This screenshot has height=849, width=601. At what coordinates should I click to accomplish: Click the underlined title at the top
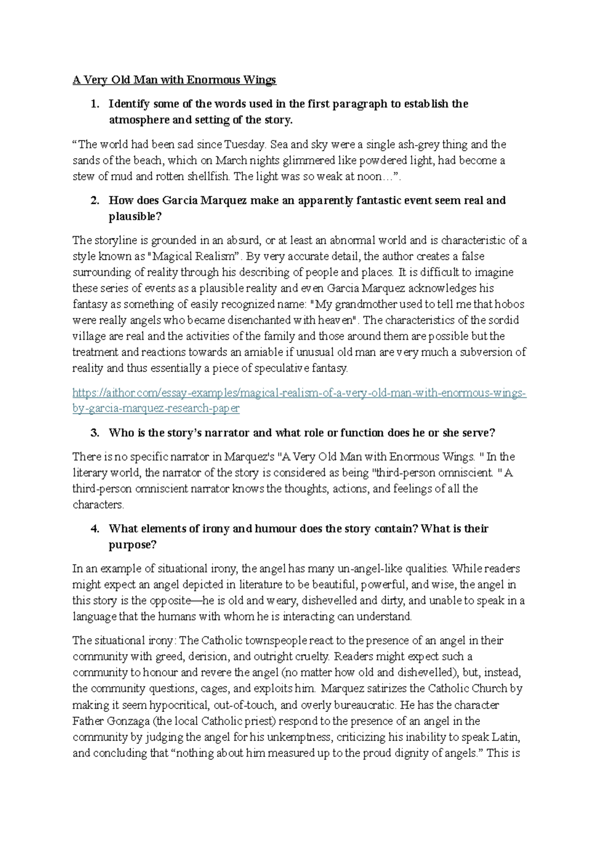tap(174, 80)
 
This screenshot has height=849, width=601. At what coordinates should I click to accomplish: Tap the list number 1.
tap(94, 104)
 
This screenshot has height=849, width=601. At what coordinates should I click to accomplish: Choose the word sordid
tap(503, 320)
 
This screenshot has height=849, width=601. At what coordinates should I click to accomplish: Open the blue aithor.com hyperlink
tap(299, 393)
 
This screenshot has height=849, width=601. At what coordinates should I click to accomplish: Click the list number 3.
tap(94, 433)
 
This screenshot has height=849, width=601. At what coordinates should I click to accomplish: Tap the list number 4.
tap(94, 529)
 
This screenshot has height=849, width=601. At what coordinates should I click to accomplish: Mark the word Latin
tap(506, 737)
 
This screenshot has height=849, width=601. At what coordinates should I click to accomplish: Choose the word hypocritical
tap(168, 705)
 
